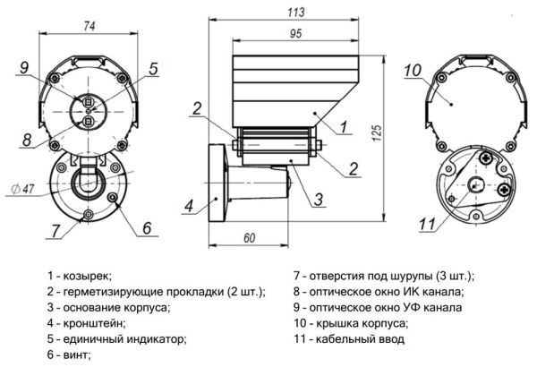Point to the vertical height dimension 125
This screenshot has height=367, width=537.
coord(379,132)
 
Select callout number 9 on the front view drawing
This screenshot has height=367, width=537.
coord(25,66)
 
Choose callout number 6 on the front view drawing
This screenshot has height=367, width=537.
coord(145,227)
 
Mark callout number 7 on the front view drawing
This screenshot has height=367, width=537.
coord(55,231)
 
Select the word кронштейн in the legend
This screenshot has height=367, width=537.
coord(97,323)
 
